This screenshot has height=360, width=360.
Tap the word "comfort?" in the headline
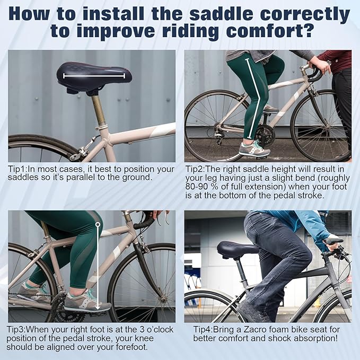coord(269,31)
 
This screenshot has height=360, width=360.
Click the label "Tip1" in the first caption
coord(17,169)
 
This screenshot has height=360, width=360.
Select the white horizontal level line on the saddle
coord(94,76)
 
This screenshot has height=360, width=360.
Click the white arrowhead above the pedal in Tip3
coord(98,307)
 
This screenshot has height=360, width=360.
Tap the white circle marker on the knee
coord(98,224)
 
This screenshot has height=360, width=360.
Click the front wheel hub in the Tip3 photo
coord(163,299)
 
